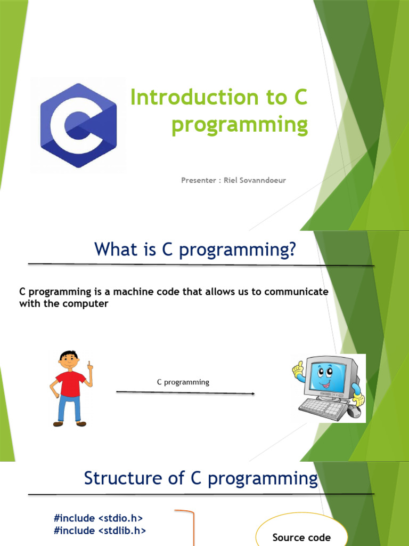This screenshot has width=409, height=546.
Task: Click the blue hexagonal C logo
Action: point(79,125)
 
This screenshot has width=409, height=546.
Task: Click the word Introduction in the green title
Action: point(194,97)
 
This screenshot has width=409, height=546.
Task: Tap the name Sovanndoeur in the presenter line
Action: point(263,180)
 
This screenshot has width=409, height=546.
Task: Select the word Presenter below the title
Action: point(199,180)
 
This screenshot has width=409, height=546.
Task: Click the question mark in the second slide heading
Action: point(292,249)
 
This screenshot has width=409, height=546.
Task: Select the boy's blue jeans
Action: point(69,408)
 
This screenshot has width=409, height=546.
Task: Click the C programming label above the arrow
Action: point(183,382)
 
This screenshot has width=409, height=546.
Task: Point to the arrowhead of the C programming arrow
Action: point(253,394)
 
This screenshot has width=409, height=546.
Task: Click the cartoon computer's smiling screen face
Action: point(325,377)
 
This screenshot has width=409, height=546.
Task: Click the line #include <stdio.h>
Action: point(98,518)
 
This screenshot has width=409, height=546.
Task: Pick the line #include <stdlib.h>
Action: point(100,531)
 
